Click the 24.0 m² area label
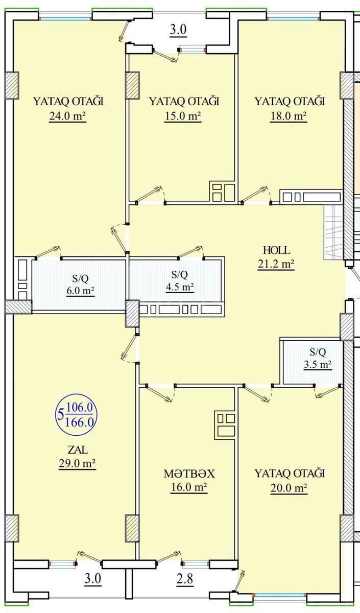click(67, 117)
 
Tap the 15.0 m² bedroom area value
click(183, 117)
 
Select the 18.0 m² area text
click(289, 117)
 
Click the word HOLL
click(276, 250)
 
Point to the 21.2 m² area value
click(276, 265)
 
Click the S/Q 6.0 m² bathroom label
click(81, 285)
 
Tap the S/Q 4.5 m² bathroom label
click(180, 281)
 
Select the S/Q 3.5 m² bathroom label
click(318, 358)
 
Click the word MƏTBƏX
click(189, 474)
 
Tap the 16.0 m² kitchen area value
click(189, 488)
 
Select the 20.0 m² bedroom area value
click(289, 488)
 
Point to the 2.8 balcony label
click(185, 579)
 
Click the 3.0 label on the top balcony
click(178, 30)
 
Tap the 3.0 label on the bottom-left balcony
click(93, 579)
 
